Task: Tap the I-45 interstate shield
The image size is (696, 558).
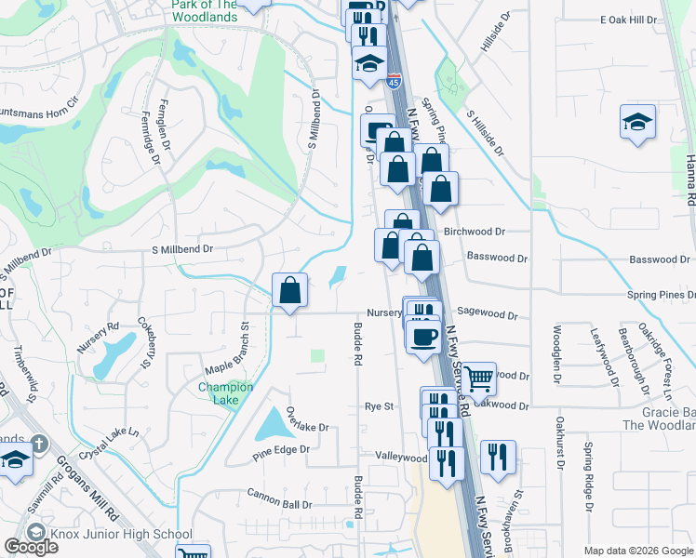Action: point(394,82)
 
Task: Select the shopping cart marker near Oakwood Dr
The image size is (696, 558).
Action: point(478,378)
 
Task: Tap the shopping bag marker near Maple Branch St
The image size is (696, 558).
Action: point(290,290)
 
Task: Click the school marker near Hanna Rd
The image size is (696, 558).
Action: point(638,122)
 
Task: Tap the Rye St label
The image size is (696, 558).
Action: point(380,406)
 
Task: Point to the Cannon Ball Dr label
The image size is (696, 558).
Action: point(279,492)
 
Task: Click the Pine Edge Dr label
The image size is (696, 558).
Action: point(280,452)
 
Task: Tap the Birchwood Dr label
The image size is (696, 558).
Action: point(499,232)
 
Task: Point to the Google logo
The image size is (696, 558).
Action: point(31,546)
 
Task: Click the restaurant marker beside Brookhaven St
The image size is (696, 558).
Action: point(497,456)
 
